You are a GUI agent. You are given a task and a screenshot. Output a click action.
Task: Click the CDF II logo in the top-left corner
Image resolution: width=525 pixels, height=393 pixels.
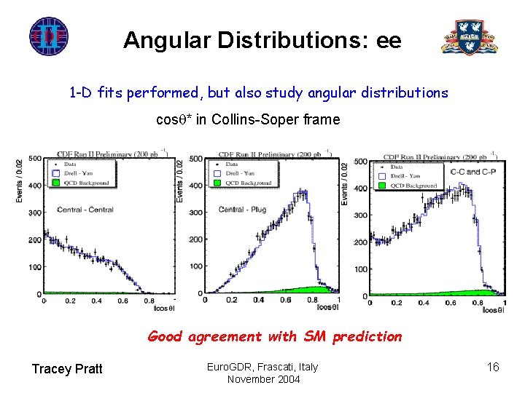pyautogui.click(x=49, y=36)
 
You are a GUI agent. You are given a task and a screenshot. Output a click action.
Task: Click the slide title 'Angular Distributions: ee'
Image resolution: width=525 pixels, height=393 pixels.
pyautogui.click(x=262, y=39)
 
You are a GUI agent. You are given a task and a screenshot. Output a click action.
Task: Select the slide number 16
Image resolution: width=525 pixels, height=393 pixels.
pyautogui.click(x=493, y=367)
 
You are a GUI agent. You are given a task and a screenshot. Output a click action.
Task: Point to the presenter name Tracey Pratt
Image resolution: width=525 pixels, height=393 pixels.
pyautogui.click(x=67, y=369)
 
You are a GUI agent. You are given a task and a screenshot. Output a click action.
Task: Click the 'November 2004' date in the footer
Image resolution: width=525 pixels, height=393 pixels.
pyautogui.click(x=262, y=378)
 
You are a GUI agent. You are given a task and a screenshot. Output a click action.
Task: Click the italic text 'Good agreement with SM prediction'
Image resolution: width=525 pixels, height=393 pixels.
pyautogui.click(x=274, y=336)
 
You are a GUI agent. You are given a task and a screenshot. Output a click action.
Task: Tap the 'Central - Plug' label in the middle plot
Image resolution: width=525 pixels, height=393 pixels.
pyautogui.click(x=243, y=210)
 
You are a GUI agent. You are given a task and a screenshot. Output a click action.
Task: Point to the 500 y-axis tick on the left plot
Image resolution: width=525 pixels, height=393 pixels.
pyautogui.click(x=35, y=159)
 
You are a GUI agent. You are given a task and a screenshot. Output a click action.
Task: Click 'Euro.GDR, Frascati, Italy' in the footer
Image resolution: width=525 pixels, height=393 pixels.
pyautogui.click(x=262, y=366)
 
